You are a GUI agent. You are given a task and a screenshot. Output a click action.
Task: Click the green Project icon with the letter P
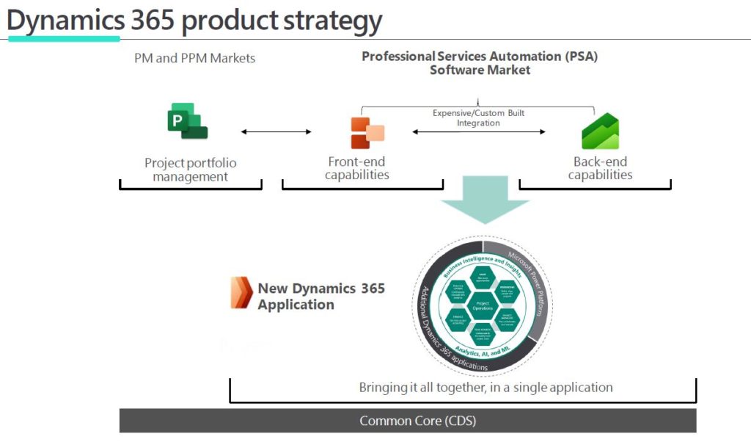187,121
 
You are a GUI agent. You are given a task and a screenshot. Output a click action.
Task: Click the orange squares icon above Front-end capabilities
367,132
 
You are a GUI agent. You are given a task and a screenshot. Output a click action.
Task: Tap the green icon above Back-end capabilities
600,132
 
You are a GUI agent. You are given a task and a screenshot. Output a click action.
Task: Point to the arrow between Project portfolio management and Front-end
276,132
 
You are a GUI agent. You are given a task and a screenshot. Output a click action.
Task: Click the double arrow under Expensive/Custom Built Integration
479,132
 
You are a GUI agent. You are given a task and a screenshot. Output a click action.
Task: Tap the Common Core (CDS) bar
408,421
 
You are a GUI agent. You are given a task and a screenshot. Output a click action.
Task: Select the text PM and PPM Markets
194,57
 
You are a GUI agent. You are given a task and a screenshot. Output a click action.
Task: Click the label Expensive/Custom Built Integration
479,118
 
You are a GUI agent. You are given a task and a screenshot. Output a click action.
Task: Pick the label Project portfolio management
191,170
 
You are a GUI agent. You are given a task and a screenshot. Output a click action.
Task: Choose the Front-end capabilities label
356,168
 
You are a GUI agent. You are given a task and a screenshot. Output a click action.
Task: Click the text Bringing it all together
486,387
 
